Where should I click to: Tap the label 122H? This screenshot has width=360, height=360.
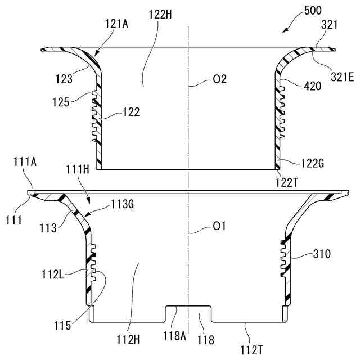(160, 15)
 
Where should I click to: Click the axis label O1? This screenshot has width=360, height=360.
(219, 227)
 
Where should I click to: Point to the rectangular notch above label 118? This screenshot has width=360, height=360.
(188, 313)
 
